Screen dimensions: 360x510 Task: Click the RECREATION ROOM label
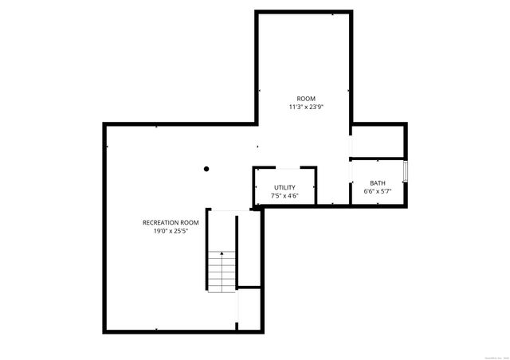(171, 222)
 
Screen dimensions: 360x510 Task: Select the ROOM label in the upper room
(306, 99)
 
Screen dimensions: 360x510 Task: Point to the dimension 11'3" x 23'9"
(306, 107)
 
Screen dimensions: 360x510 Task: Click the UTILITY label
(284, 187)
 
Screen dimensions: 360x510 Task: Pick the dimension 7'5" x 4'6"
(284, 195)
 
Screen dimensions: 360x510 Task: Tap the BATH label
(377, 183)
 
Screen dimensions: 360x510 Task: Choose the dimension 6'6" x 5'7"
(377, 192)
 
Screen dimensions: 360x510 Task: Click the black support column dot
(206, 169)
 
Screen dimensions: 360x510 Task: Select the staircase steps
(222, 271)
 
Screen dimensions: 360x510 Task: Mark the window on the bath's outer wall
(406, 171)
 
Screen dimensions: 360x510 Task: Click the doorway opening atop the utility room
(285, 167)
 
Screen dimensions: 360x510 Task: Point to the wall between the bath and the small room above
(379, 159)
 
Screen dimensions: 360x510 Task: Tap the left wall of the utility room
(253, 186)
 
